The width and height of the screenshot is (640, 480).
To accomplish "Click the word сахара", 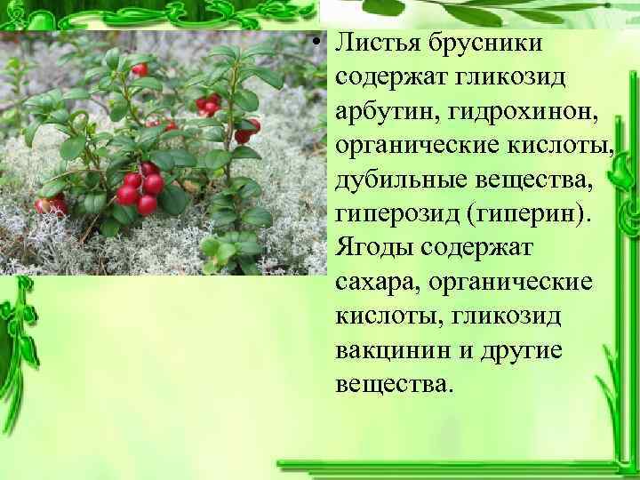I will (x=372, y=283).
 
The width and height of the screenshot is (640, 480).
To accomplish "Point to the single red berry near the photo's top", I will (x=140, y=69).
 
